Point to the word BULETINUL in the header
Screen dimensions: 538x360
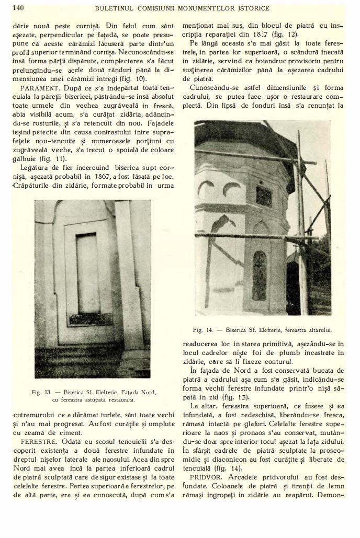113,8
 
